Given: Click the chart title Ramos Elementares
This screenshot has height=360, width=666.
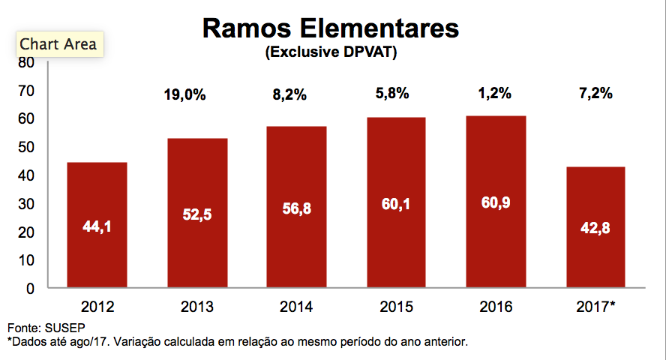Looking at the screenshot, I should pyautogui.click(x=330, y=28).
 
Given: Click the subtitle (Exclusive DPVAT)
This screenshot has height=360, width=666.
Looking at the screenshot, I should pyautogui.click(x=330, y=53).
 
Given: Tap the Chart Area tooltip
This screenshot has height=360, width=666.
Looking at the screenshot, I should pyautogui.click(x=58, y=44).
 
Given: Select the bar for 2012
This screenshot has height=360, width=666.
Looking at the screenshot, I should pyautogui.click(x=97, y=225).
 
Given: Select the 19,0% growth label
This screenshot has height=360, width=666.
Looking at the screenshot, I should pyautogui.click(x=184, y=95).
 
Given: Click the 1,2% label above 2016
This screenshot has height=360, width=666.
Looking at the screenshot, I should pyautogui.click(x=494, y=94).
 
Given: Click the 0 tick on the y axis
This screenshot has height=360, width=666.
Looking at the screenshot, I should pyautogui.click(x=31, y=289).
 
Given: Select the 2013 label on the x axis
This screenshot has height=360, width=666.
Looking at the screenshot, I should pyautogui.click(x=198, y=307).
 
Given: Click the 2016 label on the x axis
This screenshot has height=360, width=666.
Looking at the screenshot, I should pyautogui.click(x=495, y=307).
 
